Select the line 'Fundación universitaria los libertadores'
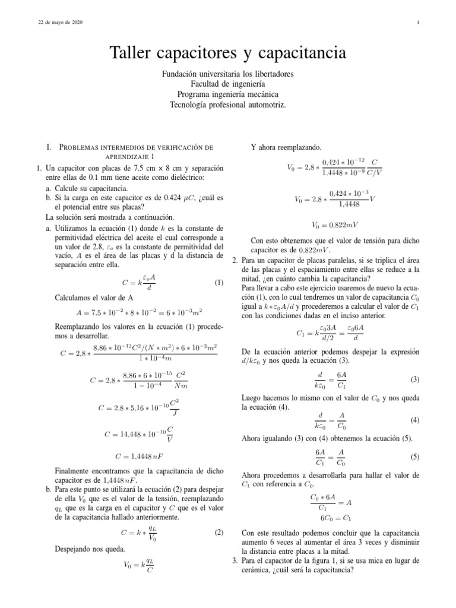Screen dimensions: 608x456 [x=227, y=74]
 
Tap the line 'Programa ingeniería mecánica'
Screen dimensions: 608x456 [x=227, y=94]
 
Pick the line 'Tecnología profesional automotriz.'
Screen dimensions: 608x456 [x=227, y=104]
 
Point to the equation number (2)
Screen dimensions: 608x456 [x=218, y=533]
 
